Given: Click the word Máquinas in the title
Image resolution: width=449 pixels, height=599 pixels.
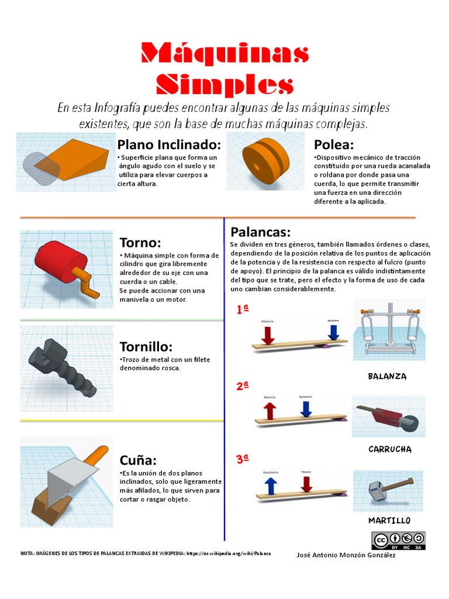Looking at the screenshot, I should [224, 54].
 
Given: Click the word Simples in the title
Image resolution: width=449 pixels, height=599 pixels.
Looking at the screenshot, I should [224, 85].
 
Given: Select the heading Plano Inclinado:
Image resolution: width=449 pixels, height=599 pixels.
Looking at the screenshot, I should [169, 145].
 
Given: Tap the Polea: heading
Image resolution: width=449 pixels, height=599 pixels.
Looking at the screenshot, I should [334, 145].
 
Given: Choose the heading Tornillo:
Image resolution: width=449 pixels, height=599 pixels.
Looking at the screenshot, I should [146, 347].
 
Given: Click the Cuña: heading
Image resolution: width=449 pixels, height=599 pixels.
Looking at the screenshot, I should [138, 460].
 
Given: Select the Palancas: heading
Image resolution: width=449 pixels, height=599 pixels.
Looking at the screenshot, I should [260, 232].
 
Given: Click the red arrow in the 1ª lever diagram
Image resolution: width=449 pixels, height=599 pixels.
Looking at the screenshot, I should [268, 334].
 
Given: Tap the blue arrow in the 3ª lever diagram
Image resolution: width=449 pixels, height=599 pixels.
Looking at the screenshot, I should [270, 485].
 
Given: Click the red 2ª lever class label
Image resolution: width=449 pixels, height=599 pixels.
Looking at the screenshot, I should [243, 386].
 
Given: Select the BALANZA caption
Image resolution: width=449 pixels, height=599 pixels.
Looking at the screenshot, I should [387, 376].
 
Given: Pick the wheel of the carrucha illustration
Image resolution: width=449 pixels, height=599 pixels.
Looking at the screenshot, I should [412, 424].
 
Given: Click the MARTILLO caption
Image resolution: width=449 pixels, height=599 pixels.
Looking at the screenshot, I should [389, 520].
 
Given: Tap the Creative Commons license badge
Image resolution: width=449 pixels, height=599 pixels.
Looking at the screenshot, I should [398, 541].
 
